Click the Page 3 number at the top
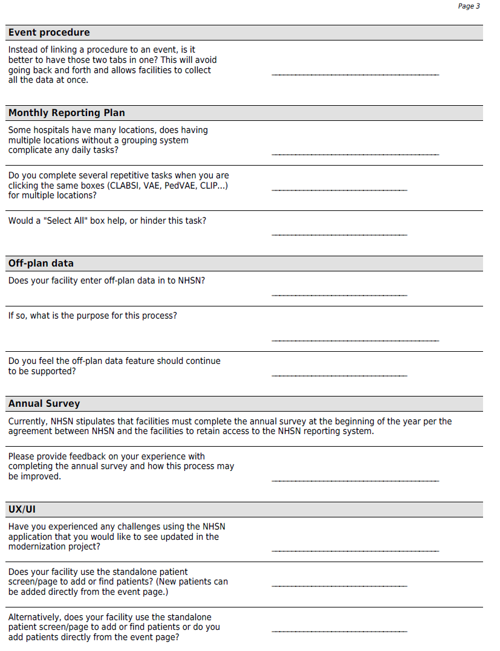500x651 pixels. (x=469, y=6)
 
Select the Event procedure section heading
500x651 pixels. (x=49, y=33)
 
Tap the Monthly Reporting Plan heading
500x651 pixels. (x=67, y=113)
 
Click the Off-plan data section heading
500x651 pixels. (x=41, y=264)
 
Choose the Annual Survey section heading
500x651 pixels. (x=44, y=404)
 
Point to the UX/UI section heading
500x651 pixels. (x=22, y=510)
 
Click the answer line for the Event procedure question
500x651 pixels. (x=355, y=75)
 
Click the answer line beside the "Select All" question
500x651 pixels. (x=339, y=235)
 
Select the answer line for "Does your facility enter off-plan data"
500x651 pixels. (x=339, y=296)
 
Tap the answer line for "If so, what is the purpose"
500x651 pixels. (x=355, y=341)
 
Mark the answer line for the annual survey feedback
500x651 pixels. (x=355, y=481)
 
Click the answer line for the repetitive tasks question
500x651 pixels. (x=339, y=190)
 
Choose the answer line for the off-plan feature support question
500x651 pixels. (x=339, y=376)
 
